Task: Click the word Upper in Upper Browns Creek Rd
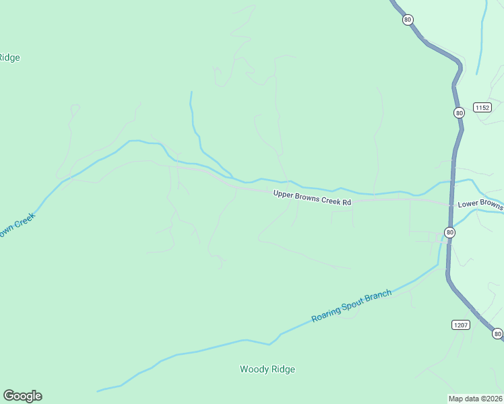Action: pyautogui.click(x=284, y=195)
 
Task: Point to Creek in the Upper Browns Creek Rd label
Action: pyautogui.click(x=331, y=199)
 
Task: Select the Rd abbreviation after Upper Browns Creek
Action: pyautogui.click(x=346, y=201)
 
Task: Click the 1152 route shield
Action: pyautogui.click(x=482, y=108)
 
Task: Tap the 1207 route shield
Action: pyautogui.click(x=460, y=325)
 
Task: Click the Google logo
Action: pyautogui.click(x=22, y=396)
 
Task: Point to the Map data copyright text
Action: pyautogui.click(x=476, y=398)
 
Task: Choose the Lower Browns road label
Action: pyautogui.click(x=480, y=204)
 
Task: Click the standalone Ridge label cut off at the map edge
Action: pyautogui.click(x=9, y=57)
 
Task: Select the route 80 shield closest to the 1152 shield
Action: pyautogui.click(x=459, y=112)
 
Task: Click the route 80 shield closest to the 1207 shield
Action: pyautogui.click(x=497, y=333)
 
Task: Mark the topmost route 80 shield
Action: pyautogui.click(x=408, y=20)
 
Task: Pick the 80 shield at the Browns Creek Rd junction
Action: pyautogui.click(x=449, y=232)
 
